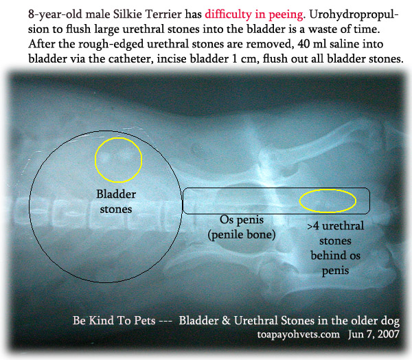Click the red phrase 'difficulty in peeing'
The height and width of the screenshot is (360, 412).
click(x=254, y=14)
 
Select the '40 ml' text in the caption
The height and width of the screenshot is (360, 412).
click(x=312, y=44)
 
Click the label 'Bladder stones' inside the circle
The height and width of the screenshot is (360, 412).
click(x=116, y=202)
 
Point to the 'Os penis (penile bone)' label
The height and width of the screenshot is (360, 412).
click(x=242, y=227)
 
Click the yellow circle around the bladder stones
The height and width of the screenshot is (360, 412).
click(x=119, y=138)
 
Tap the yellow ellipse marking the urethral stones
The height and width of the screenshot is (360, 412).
click(x=328, y=190)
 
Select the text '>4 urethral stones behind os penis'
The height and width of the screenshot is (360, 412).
click(x=335, y=248)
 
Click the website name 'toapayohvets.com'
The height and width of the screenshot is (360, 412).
click(x=298, y=334)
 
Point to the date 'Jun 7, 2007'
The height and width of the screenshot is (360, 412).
click(x=374, y=334)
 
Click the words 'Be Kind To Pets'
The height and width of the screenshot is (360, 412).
click(x=114, y=320)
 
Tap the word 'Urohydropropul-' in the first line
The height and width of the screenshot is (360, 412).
click(x=354, y=14)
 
